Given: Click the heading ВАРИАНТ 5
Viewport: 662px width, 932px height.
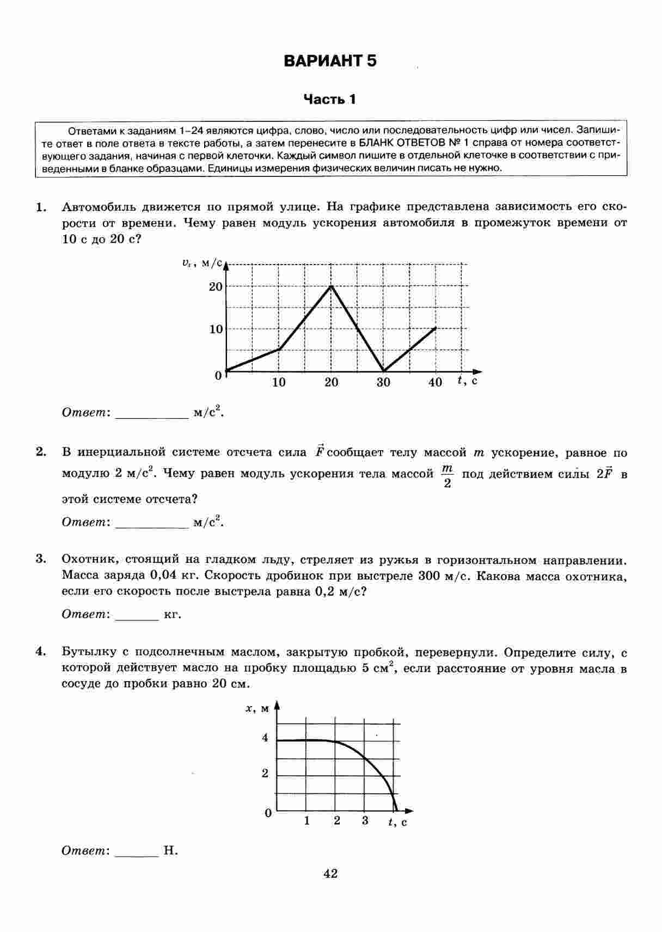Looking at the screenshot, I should [x=330, y=60].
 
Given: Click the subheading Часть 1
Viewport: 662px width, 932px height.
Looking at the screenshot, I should [x=330, y=99].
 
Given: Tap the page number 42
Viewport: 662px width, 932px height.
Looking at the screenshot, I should [x=330, y=874].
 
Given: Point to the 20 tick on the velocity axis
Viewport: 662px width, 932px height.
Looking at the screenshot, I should [x=216, y=286].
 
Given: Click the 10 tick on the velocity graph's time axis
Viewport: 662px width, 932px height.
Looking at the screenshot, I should [x=279, y=382].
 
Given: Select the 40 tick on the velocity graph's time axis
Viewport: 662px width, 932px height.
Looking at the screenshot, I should [x=436, y=382].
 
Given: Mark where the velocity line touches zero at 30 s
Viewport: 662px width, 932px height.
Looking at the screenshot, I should [x=384, y=371].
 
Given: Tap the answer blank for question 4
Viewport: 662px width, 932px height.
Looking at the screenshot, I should [x=137, y=851].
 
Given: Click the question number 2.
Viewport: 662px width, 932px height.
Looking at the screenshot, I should [x=40, y=452].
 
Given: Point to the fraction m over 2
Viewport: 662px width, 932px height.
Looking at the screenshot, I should [x=448, y=476].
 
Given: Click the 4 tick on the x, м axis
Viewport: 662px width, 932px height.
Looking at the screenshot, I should [x=265, y=738].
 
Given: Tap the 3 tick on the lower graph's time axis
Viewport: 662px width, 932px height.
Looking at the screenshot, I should [x=365, y=821].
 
